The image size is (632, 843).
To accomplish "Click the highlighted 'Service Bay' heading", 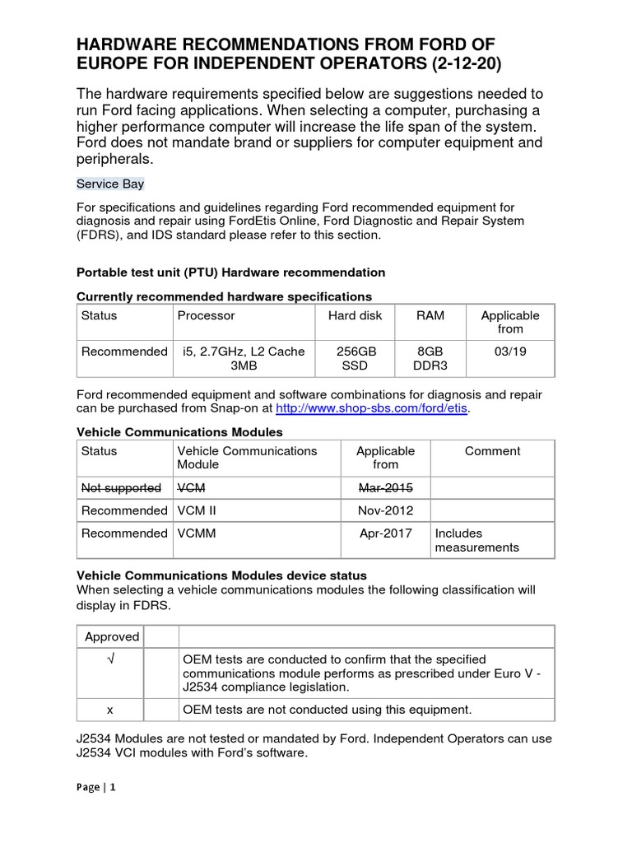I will (110, 184).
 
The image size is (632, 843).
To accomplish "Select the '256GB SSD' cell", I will (355, 358).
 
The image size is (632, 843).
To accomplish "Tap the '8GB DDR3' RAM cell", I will (425, 358).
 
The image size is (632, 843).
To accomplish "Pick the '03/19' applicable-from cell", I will (510, 352).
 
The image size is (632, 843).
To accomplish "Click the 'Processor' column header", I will (206, 315).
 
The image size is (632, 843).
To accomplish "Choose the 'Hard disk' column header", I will (355, 315).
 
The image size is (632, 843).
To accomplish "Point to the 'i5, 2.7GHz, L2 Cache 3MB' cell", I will (244, 358).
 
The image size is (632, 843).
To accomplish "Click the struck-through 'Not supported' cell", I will (121, 487).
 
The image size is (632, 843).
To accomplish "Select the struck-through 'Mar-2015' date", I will (385, 487).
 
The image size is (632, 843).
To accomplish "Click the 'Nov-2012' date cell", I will (385, 510).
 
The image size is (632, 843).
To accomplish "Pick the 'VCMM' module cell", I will (194, 533).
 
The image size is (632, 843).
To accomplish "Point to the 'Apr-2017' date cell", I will (385, 533).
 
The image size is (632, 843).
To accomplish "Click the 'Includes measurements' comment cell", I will (476, 540).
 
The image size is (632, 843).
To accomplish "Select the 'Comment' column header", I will (492, 451).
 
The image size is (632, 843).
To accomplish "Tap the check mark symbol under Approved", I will (110, 659).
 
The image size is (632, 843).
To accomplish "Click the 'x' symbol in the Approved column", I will (110, 709).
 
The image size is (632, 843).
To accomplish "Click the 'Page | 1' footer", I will (96, 787).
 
